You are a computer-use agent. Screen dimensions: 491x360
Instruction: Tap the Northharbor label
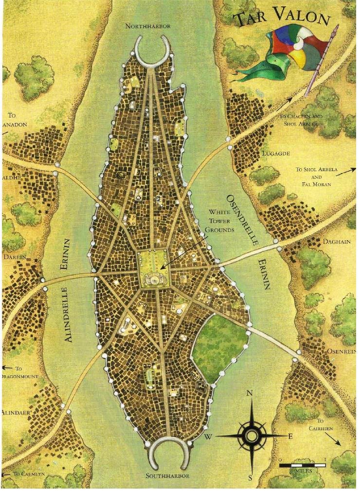tap(148, 26)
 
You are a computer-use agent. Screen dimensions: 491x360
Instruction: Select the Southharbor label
tap(167, 475)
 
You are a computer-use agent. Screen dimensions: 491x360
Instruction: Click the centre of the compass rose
tap(252, 435)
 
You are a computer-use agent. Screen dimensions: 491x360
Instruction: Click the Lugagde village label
tap(276, 154)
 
